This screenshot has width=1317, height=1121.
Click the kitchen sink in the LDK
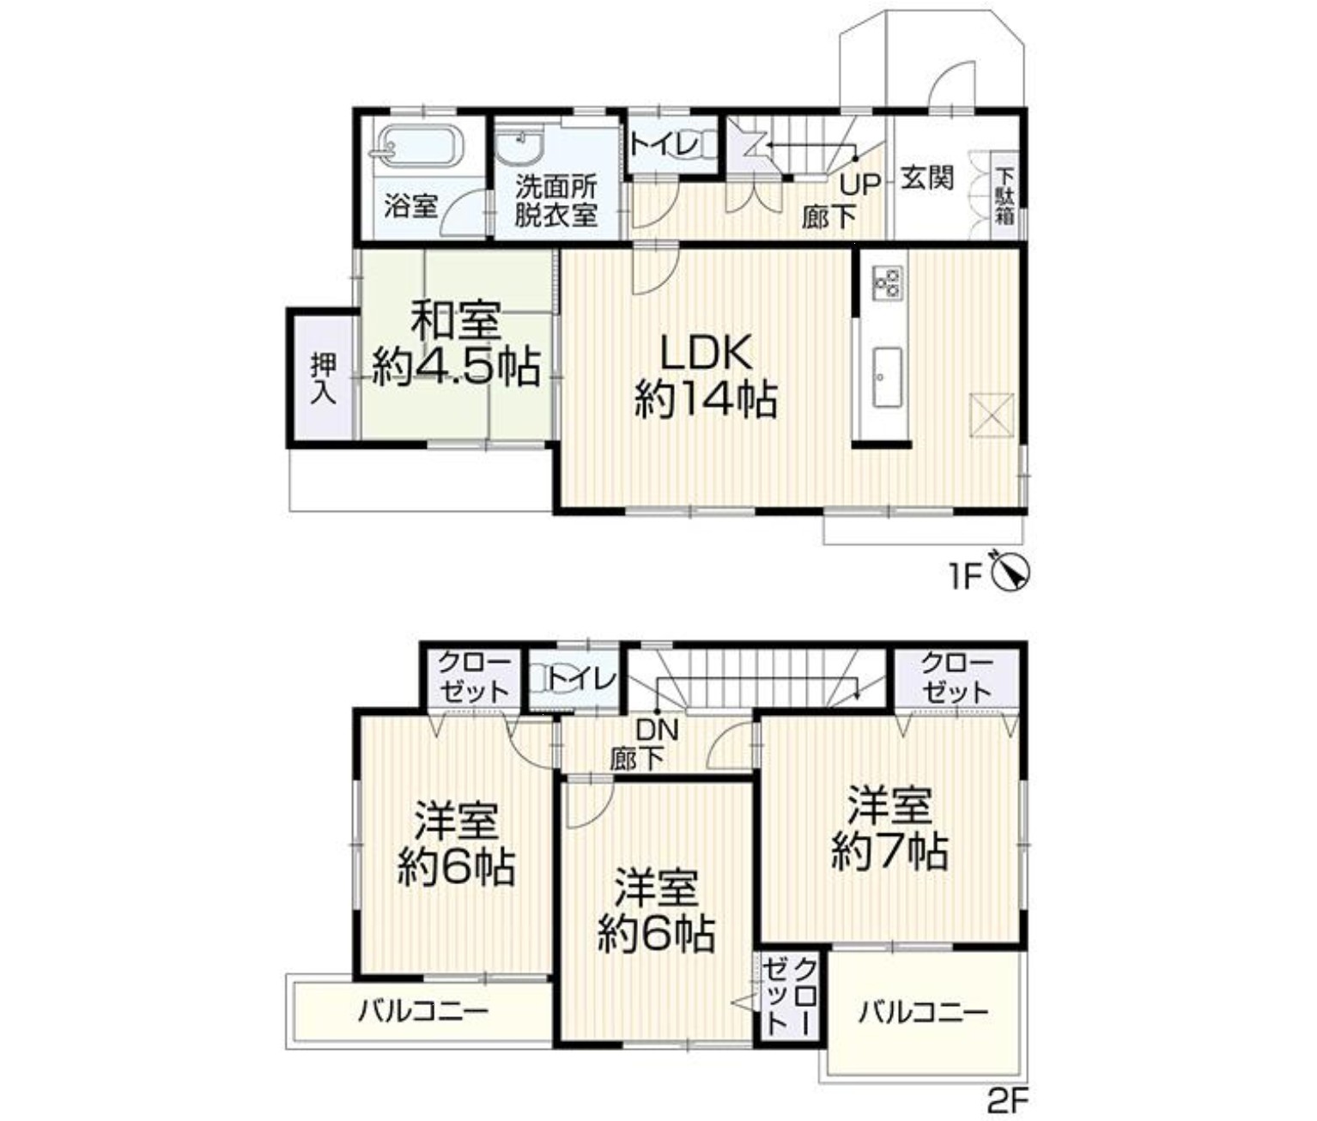pos(887,377)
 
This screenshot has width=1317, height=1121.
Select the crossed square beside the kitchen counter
pos(992,415)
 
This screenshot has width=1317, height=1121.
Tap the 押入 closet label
pos(324,379)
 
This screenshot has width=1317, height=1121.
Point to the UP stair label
pos(859,185)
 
